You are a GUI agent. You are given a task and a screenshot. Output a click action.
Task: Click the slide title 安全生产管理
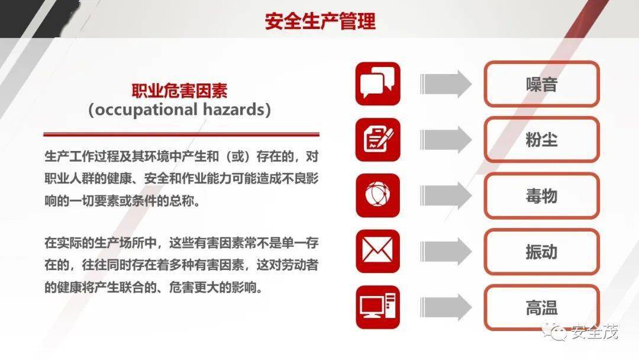coord(320,21)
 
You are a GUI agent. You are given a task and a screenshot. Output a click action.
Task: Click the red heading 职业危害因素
coord(179,91)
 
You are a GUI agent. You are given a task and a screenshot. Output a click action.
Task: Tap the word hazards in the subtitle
coord(234,110)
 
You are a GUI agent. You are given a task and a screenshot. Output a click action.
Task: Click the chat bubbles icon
coord(377,83)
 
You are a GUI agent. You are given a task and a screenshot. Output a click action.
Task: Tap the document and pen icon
coord(377,139)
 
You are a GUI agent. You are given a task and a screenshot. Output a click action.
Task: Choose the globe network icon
coord(377,195)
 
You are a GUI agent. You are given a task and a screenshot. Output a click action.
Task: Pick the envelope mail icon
coord(377,251)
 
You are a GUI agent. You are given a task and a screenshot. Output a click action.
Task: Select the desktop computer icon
coord(377,307)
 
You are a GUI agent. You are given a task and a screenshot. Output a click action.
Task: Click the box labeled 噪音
coord(541,84)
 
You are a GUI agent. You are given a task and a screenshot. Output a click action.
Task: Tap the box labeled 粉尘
coord(541,140)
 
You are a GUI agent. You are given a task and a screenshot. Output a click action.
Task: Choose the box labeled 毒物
coord(541,196)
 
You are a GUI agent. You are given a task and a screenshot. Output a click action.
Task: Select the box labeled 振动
coord(541,252)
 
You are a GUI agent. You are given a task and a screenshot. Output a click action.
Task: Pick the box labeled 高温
coord(541,307)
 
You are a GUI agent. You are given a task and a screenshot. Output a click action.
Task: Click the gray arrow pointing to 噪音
coord(446,84)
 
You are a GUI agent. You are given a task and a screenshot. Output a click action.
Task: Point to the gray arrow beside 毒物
coord(446,196)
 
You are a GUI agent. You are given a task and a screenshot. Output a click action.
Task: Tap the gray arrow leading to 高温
coord(446,307)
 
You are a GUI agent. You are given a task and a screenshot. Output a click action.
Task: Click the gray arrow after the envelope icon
coord(446,252)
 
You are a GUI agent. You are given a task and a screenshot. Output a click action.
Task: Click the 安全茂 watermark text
coord(594,332)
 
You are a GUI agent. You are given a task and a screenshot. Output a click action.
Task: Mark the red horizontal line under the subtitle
coord(182,134)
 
